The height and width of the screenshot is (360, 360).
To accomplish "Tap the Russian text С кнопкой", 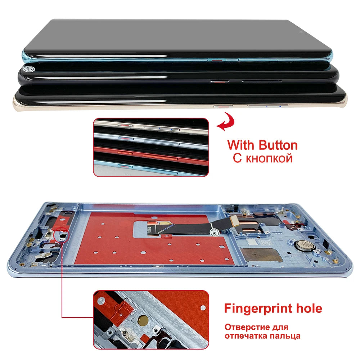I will tap(262, 158).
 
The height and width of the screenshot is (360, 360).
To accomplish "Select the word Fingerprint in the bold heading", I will tap(260, 308).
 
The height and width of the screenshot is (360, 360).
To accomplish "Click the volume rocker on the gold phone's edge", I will tap(267, 106).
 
